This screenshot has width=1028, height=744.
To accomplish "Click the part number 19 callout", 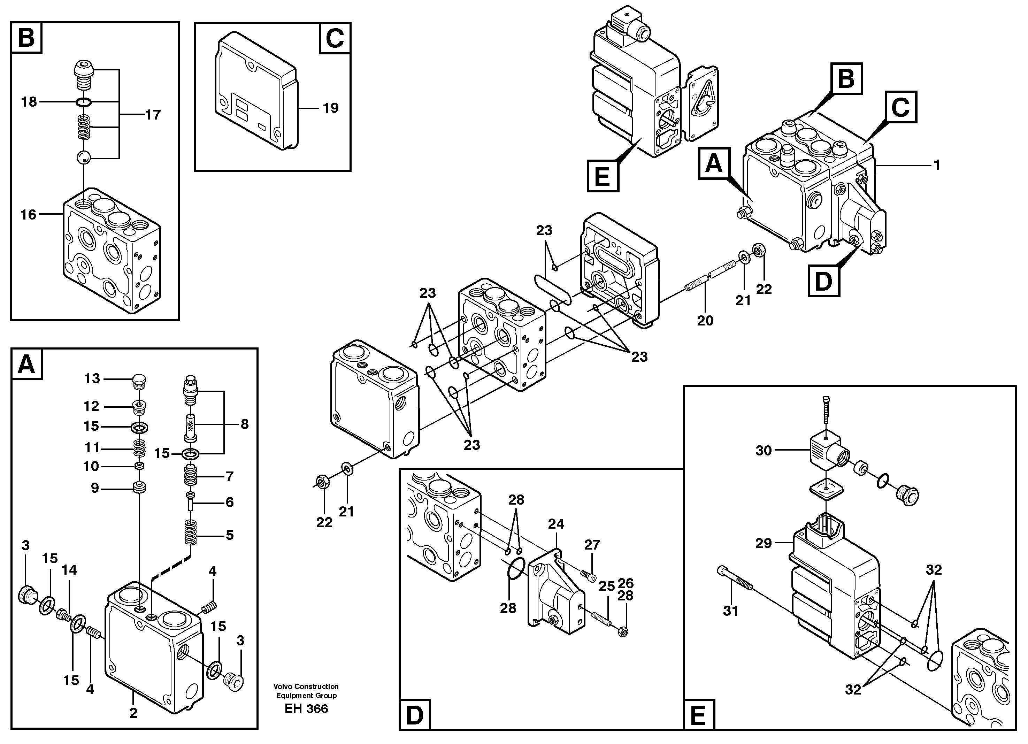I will [330, 108].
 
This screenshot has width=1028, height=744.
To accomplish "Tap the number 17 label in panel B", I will [153, 115].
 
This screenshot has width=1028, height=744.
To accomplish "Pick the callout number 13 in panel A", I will [92, 378].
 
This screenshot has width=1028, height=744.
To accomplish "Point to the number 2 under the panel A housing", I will [133, 713].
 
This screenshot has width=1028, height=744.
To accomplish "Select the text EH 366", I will [306, 709].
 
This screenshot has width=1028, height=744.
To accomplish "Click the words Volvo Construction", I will [306, 687].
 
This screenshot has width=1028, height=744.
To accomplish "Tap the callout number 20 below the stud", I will [705, 321].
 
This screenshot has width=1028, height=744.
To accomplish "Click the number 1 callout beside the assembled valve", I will [936, 165].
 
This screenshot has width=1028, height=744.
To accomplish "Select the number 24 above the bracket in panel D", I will [556, 524].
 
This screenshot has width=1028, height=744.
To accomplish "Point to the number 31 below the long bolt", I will [731, 611].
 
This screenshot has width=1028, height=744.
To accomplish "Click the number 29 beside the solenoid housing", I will [763, 543].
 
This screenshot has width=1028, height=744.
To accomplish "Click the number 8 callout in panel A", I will [244, 424].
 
